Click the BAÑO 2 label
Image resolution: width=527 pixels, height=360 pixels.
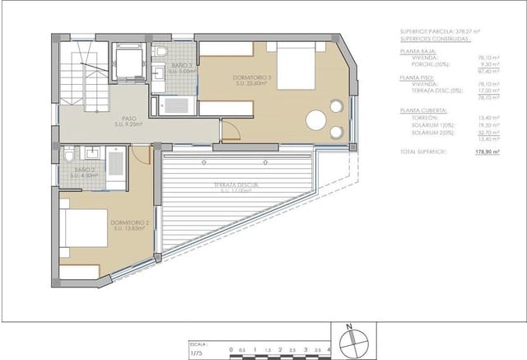(82, 172)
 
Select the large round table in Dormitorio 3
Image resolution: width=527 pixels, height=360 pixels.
(317, 119)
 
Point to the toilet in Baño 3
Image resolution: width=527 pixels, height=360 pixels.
(163, 53)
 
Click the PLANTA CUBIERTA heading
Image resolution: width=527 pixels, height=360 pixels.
(423, 110)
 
